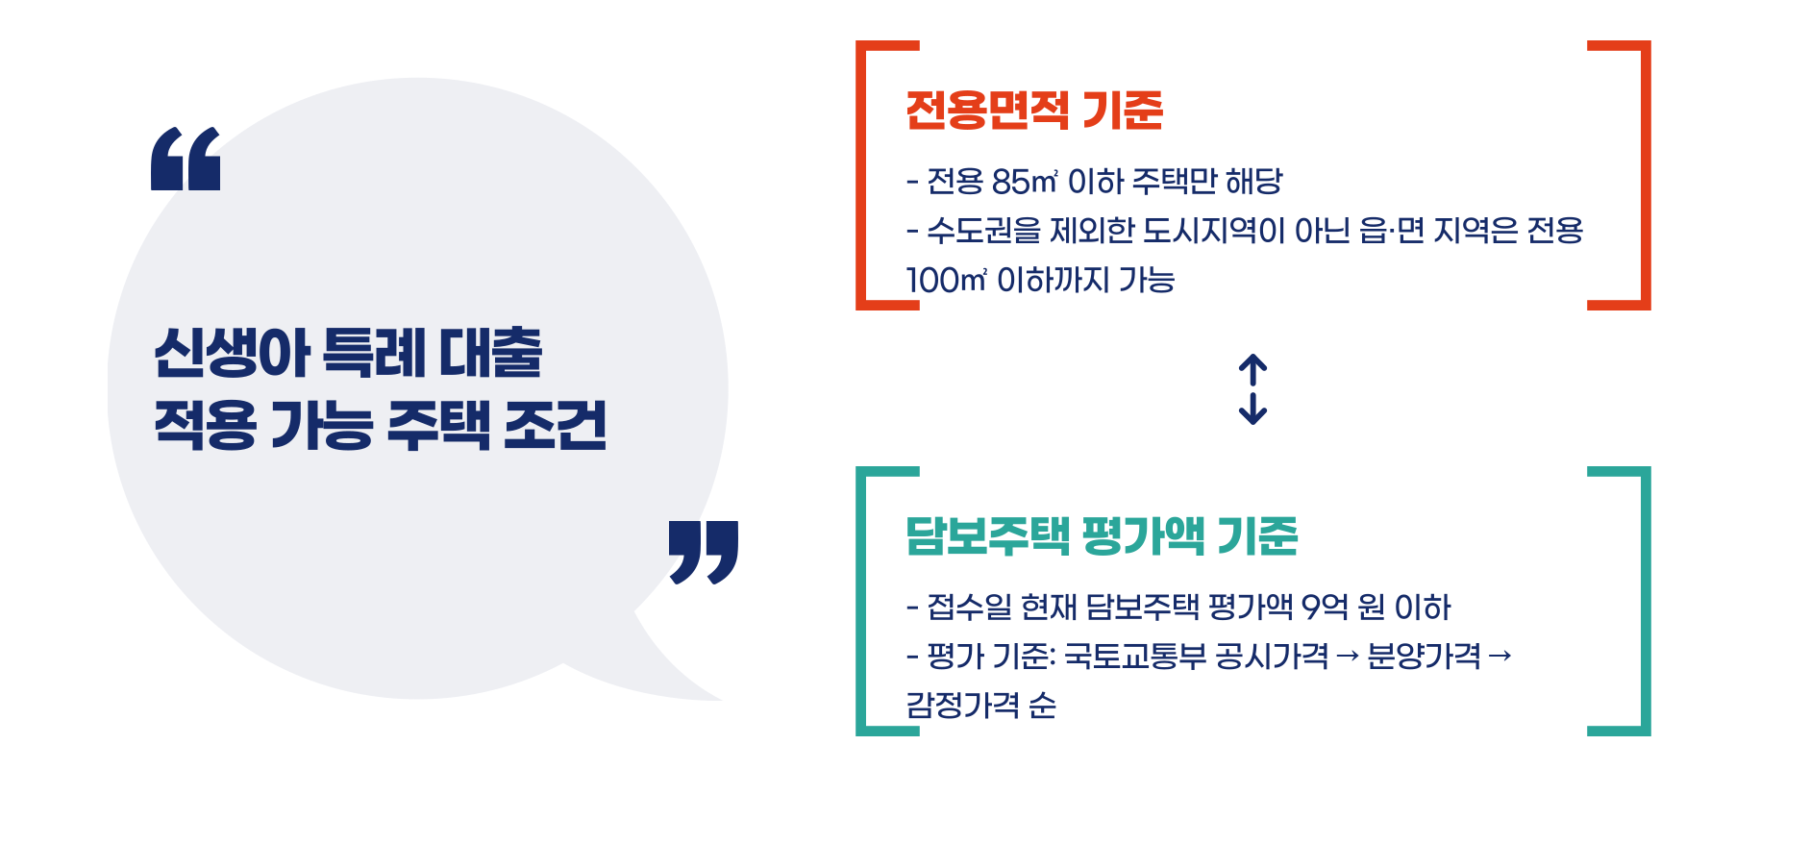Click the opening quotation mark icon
tap(186, 159)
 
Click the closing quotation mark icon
tap(704, 552)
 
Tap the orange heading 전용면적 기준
tap(1034, 110)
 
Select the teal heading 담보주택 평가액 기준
tap(1102, 535)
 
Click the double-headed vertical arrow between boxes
tap(1252, 389)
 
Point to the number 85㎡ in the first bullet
tap(1025, 181)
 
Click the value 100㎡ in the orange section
tap(946, 281)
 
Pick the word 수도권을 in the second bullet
tap(983, 231)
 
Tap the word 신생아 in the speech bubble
tap(232, 352)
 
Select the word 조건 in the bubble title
tap(555, 425)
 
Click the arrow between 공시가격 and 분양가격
tap(1348, 657)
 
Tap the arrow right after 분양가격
tap(1500, 657)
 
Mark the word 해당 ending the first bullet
tap(1253, 181)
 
